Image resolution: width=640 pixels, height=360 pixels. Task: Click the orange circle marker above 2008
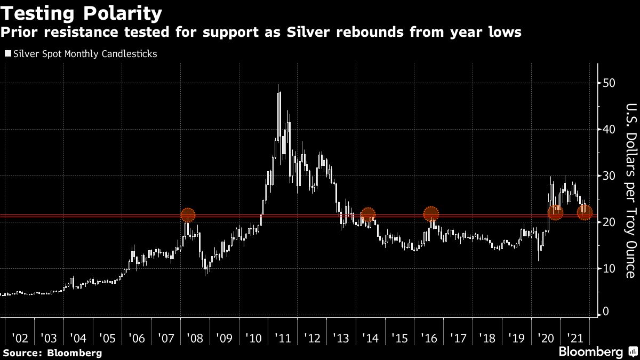(188, 215)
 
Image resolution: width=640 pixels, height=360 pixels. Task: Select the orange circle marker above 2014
(367, 215)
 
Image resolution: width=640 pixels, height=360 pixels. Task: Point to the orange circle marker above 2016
(431, 214)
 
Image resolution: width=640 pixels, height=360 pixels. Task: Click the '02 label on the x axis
(19, 338)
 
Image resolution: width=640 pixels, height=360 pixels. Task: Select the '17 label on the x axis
(458, 338)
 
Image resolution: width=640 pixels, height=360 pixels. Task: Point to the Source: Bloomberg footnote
(52, 353)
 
